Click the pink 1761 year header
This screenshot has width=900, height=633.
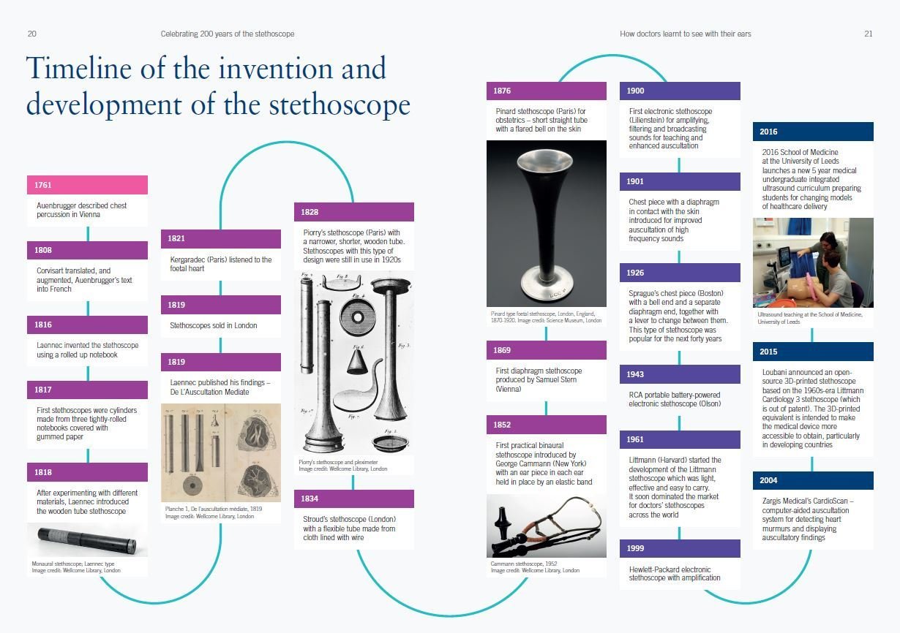click(x=87, y=185)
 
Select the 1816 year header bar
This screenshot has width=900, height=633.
click(x=87, y=325)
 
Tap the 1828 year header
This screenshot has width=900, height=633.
click(x=353, y=212)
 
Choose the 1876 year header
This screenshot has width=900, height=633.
click(x=546, y=91)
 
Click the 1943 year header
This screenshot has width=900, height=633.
click(x=680, y=374)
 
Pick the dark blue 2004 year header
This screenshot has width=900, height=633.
click(x=812, y=480)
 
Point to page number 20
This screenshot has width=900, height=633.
click(x=32, y=34)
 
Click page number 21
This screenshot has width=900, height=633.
click(x=868, y=34)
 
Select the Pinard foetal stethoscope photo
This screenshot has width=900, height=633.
click(x=546, y=223)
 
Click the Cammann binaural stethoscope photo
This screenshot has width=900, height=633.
click(x=546, y=526)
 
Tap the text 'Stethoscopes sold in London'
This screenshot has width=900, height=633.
click(x=214, y=325)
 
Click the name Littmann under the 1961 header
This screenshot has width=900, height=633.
click(x=645, y=460)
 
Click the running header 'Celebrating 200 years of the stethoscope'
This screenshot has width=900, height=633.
click(x=228, y=34)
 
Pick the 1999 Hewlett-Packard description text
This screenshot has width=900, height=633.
click(x=675, y=574)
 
